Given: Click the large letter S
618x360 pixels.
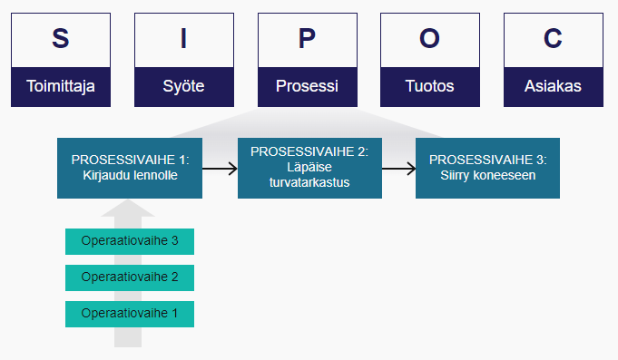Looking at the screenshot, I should (x=60, y=39).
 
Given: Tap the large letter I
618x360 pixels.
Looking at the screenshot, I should (x=183, y=39).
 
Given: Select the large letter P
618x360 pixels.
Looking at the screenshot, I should (x=307, y=39).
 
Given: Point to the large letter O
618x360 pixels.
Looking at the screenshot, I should (x=429, y=39).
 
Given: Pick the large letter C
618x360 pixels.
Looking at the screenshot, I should (x=553, y=39).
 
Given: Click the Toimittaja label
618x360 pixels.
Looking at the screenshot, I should (x=60, y=87).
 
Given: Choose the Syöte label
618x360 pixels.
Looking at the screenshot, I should (x=183, y=87).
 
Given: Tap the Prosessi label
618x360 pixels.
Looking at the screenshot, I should (x=307, y=87).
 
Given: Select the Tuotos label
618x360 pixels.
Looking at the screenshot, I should (x=429, y=87).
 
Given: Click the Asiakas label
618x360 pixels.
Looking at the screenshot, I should (x=553, y=87).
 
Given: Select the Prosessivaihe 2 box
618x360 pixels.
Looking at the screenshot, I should (x=309, y=168).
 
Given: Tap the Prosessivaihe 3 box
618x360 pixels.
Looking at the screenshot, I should (x=487, y=168).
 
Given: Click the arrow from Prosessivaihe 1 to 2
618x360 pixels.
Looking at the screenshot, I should (x=220, y=169).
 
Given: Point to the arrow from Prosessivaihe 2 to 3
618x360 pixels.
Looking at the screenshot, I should (x=398, y=169).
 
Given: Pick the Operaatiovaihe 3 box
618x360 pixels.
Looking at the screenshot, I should (x=130, y=241).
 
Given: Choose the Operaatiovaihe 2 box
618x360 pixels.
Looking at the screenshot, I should (x=130, y=277).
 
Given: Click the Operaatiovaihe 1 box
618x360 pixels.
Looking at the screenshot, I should (x=130, y=314).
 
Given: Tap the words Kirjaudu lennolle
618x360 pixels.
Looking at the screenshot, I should (x=130, y=177).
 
